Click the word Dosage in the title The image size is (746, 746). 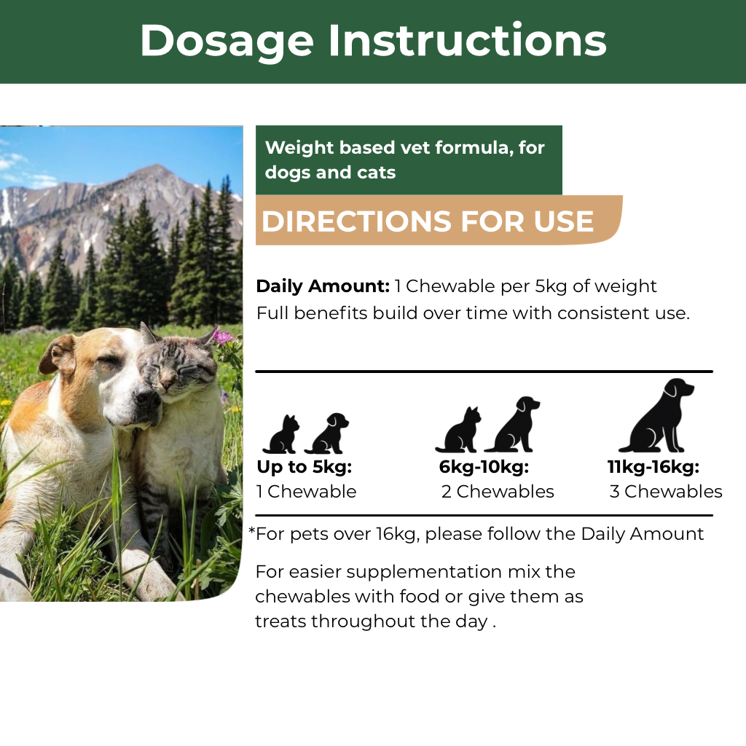[227, 42]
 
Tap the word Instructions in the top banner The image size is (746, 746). [467, 40]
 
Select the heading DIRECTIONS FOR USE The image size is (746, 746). [427, 221]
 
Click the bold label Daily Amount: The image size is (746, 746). [323, 286]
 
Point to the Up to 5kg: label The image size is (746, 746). [304, 467]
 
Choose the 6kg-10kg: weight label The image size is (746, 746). [484, 467]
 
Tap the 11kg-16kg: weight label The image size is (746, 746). [653, 467]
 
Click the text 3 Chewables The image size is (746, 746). [666, 492]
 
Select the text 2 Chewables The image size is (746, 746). [498, 492]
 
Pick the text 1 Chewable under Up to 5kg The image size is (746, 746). [307, 492]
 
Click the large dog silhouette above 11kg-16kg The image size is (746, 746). [656, 415]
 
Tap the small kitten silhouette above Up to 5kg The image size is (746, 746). [281, 434]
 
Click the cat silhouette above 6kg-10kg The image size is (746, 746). [458, 430]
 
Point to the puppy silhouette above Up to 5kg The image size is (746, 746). [327, 433]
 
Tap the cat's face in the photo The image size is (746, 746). [177, 371]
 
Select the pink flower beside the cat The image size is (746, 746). [223, 337]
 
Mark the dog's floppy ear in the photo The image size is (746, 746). [56, 356]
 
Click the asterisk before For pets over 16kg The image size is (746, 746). [252, 530]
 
